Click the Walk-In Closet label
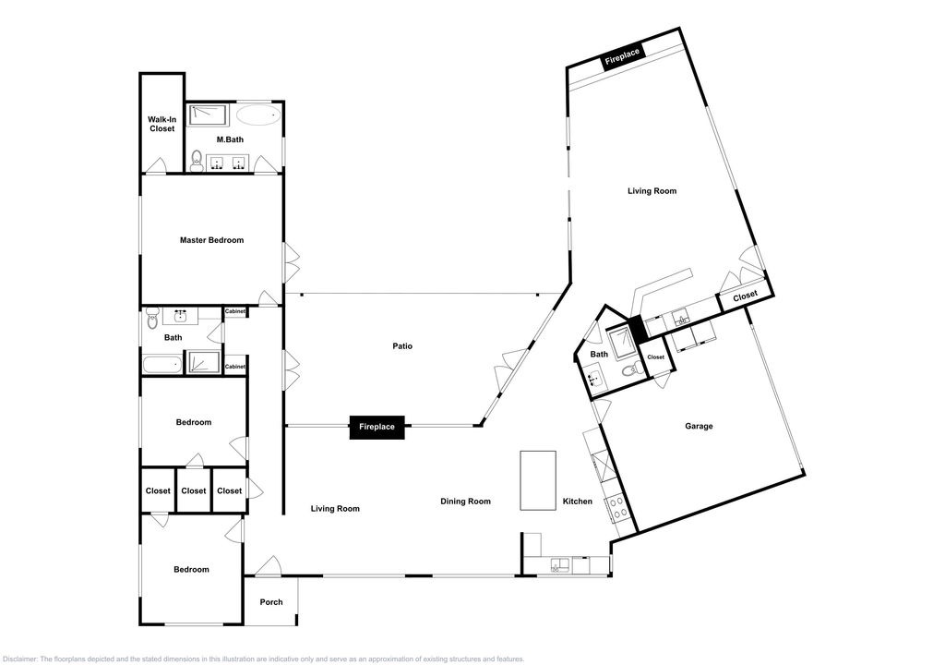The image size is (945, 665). (161, 124)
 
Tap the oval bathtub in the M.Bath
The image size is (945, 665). (258, 115)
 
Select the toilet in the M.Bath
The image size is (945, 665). (197, 161)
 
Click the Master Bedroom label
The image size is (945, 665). (211, 240)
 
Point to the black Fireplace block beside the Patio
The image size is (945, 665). (377, 427)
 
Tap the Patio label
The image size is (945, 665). (402, 346)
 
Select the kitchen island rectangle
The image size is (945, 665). (538, 480)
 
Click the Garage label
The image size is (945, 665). (700, 426)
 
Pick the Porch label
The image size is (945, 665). (271, 602)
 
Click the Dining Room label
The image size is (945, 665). (465, 502)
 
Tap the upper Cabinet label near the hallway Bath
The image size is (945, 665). (235, 311)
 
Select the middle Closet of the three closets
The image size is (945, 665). (194, 490)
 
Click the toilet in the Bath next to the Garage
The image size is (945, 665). (629, 370)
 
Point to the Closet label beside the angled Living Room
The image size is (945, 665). (745, 295)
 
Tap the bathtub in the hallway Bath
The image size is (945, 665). (162, 365)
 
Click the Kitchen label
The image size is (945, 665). (578, 502)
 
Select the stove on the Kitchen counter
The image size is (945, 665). (618, 507)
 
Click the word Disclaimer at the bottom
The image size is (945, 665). (20, 659)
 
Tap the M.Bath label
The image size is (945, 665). (230, 139)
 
